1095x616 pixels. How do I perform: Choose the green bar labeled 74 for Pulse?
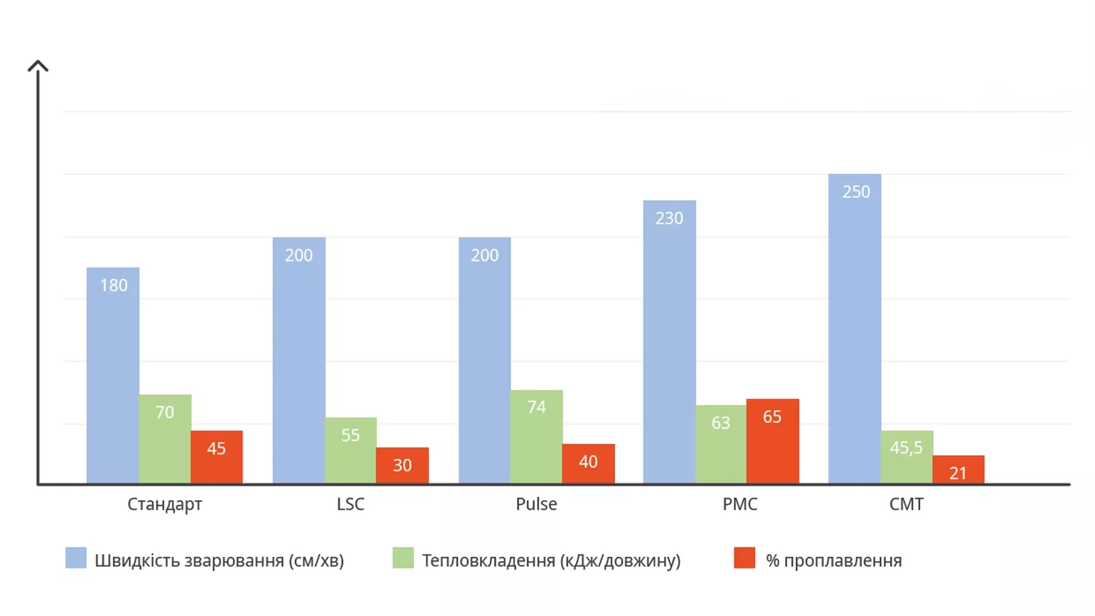(x=536, y=437)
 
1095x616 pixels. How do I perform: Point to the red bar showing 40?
(x=588, y=463)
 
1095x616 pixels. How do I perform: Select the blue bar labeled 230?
(x=669, y=342)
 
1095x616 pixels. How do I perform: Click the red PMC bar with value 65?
(x=772, y=441)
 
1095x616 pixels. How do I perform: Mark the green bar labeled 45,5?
(x=907, y=457)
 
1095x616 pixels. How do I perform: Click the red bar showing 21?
(x=958, y=469)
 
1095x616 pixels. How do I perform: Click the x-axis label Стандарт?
(x=165, y=504)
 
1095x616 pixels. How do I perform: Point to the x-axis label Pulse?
(x=536, y=504)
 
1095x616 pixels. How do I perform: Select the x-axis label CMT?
(x=907, y=504)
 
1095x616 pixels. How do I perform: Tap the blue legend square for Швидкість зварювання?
(x=76, y=558)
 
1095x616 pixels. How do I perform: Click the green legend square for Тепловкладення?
(x=403, y=558)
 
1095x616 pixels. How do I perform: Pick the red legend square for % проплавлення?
(x=744, y=558)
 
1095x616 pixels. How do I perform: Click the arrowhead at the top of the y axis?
(x=38, y=66)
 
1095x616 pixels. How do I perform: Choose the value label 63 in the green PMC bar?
(x=721, y=423)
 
